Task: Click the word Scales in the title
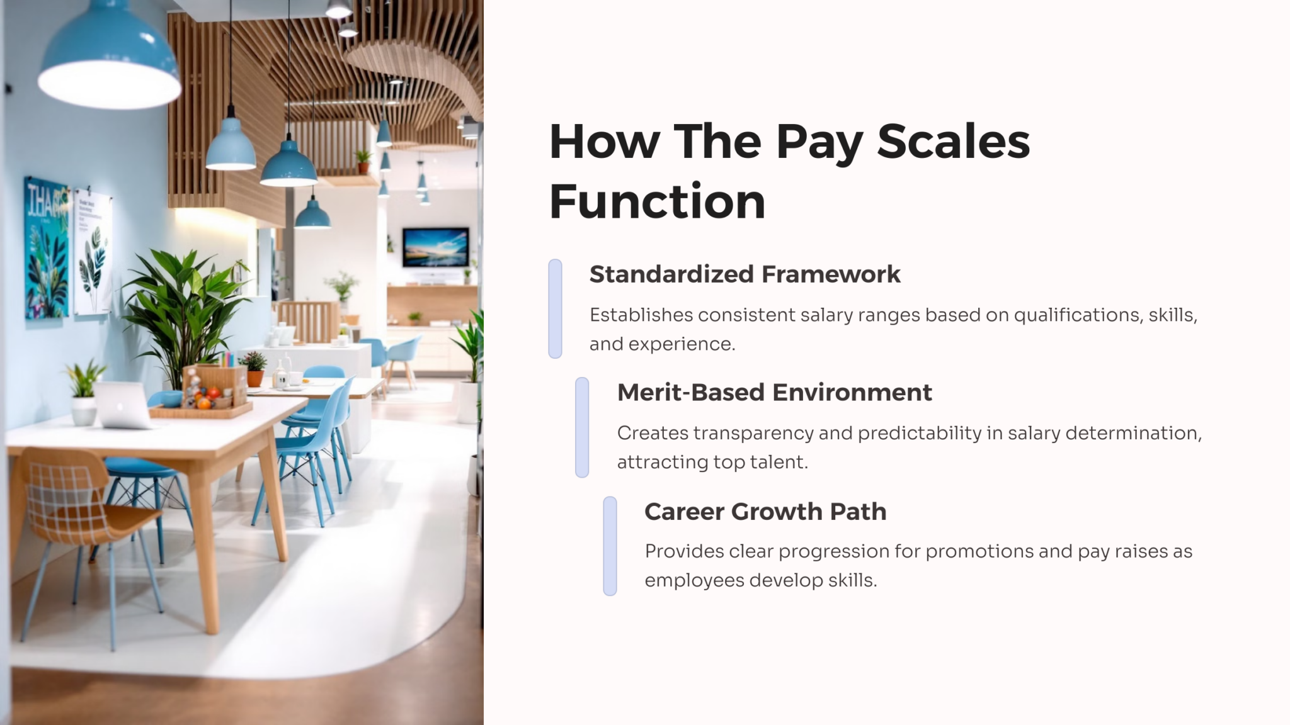point(953,142)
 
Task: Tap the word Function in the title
point(657,201)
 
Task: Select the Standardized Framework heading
point(745,274)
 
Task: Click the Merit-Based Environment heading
point(774,393)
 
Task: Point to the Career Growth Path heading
point(765,512)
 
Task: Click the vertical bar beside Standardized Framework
point(555,308)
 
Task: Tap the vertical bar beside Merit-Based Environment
point(582,427)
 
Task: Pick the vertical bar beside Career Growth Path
point(610,546)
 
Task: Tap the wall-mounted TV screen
point(435,247)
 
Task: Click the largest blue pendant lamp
point(109,57)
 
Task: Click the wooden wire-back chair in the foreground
point(82,503)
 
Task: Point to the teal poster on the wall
point(47,249)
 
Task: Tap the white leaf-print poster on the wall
point(93,252)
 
